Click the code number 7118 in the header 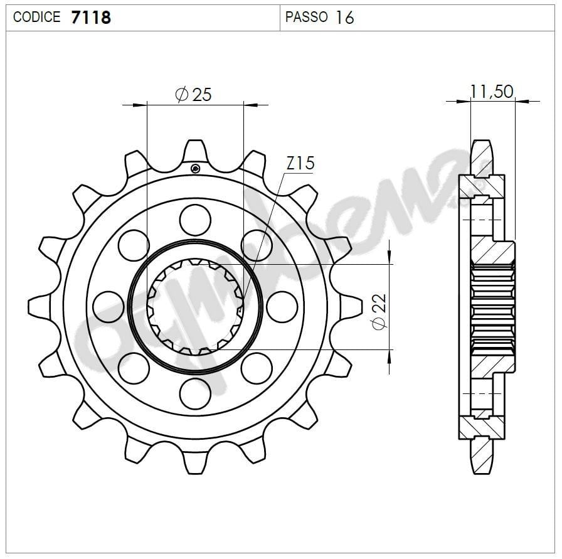[91, 17]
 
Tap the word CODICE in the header [36, 17]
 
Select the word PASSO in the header [306, 17]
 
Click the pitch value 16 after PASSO [344, 17]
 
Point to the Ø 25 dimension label [194, 95]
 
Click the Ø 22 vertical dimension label [378, 311]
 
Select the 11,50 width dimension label [492, 92]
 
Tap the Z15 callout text [300, 164]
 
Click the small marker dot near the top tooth [195, 168]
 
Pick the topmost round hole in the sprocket [194, 220]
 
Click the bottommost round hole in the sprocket [194, 393]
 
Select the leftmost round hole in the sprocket [108, 306]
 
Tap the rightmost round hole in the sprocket [282, 306]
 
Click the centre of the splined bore [194, 306]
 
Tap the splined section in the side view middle [492, 306]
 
